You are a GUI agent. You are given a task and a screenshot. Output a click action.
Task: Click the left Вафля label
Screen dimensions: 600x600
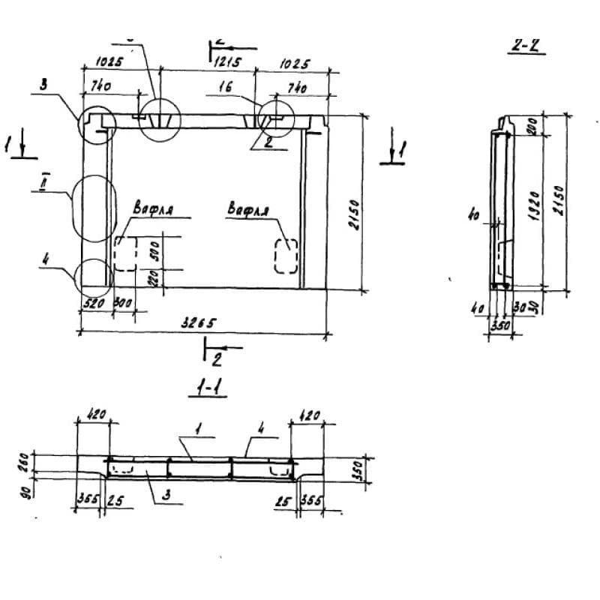(154, 209)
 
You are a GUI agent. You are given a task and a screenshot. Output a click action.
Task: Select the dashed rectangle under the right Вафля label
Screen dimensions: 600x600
(286, 256)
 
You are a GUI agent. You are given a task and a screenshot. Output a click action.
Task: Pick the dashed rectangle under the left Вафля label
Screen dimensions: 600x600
(124, 254)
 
